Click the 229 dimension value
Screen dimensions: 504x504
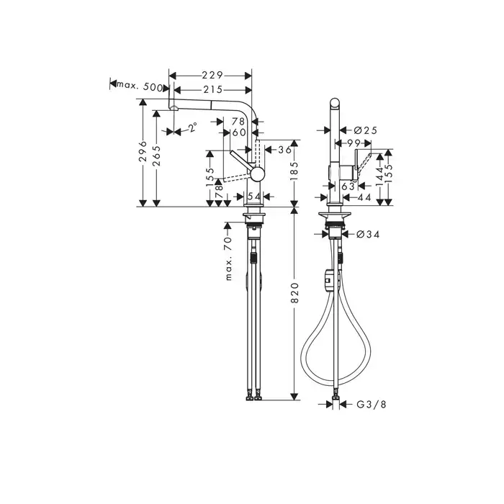click(212, 75)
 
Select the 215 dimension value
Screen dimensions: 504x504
click(213, 89)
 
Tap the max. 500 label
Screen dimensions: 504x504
click(140, 86)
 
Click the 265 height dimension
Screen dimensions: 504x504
click(157, 156)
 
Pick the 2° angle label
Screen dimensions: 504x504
click(192, 127)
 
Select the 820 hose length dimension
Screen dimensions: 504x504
click(294, 293)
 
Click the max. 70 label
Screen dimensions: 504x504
click(228, 258)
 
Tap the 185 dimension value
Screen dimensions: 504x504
click(294, 171)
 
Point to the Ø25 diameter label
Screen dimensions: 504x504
click(366, 130)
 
